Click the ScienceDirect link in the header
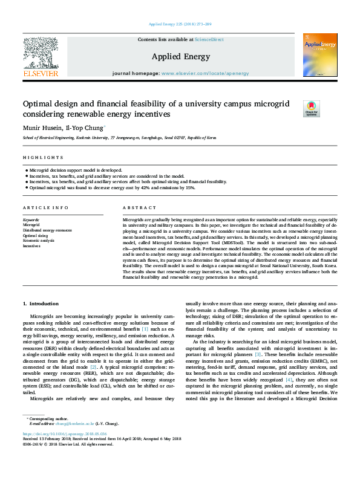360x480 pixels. [209, 39]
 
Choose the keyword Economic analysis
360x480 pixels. [39, 241]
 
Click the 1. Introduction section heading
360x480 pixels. [41, 303]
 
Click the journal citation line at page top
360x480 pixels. [179, 25]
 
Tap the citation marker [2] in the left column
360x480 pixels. [93, 367]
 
